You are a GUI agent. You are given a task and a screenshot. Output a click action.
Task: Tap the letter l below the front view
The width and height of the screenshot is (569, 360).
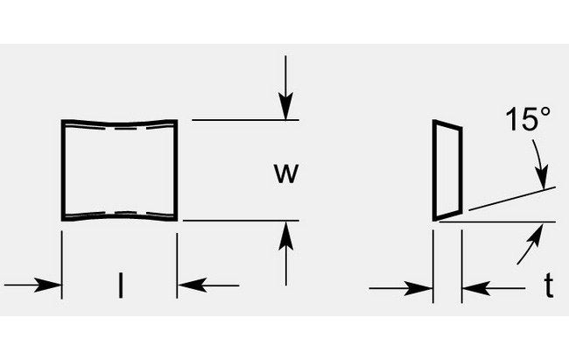tap(120, 286)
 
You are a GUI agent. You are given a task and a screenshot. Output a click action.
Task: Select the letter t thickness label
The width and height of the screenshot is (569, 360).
tap(548, 286)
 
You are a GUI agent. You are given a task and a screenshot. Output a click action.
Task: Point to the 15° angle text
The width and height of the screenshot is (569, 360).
tap(524, 121)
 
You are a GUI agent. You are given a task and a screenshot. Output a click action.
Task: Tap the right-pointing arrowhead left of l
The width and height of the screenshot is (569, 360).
tap(53, 286)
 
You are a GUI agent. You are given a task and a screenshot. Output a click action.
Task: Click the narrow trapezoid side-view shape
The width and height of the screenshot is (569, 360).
tap(447, 170)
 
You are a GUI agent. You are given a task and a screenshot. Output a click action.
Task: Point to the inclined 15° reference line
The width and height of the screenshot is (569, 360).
tap(512, 199)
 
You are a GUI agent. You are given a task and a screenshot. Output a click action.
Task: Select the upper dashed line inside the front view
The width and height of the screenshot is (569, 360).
tap(119, 131)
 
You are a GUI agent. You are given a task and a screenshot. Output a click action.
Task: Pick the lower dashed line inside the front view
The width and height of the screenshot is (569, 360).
tap(119, 212)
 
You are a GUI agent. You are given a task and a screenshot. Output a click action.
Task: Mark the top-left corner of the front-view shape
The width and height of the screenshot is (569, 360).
tap(62, 120)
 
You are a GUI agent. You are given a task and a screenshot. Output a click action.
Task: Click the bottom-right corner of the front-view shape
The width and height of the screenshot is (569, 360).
tap(177, 220)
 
